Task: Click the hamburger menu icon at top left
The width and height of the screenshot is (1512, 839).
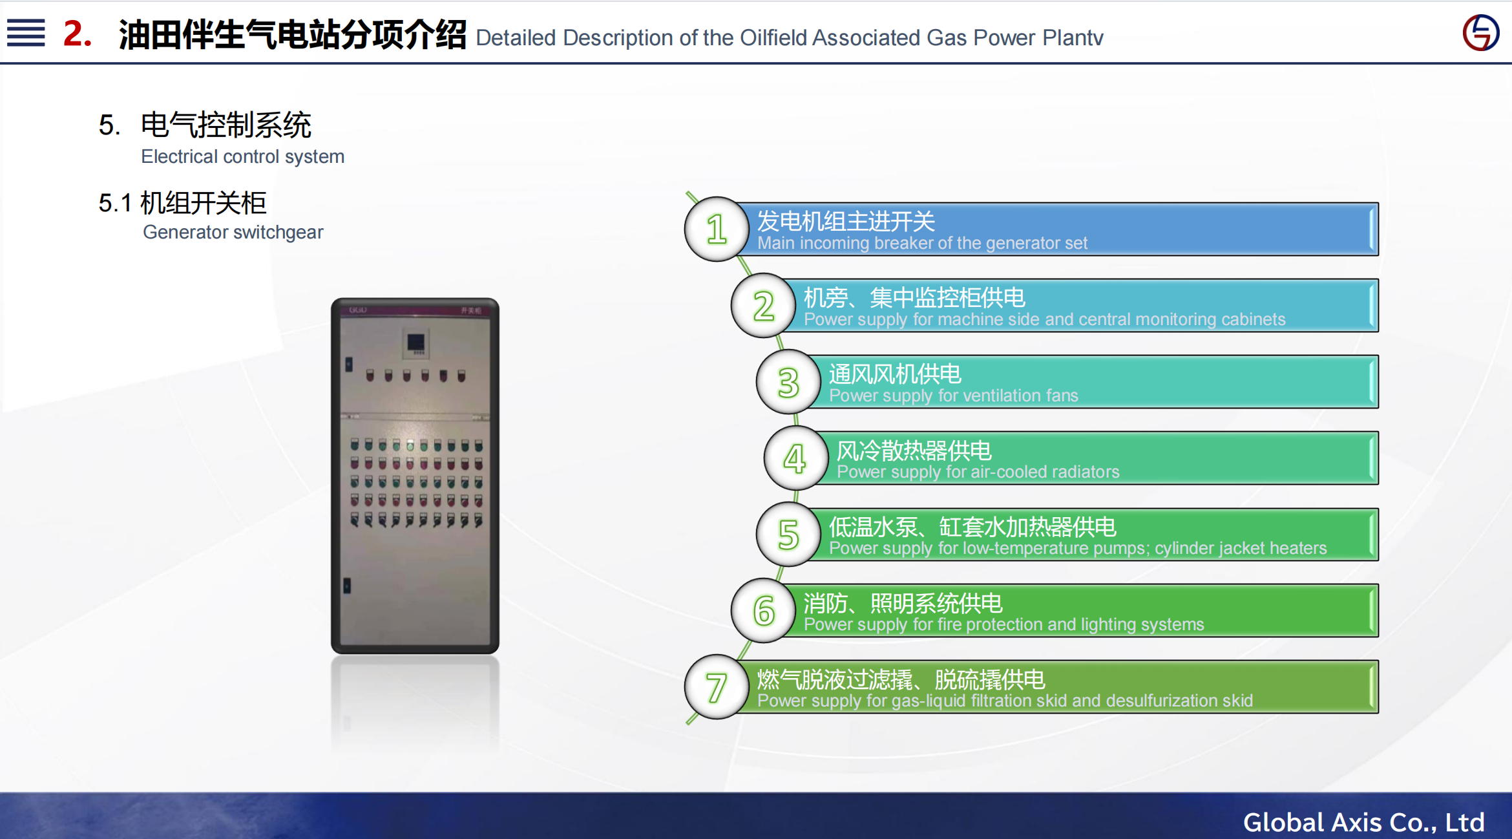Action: click(x=26, y=32)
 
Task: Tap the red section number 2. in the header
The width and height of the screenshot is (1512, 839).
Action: click(x=78, y=34)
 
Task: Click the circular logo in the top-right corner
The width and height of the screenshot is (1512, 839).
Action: click(x=1480, y=32)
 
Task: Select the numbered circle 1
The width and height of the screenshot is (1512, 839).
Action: click(x=717, y=229)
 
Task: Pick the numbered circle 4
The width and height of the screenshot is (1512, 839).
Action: click(x=795, y=458)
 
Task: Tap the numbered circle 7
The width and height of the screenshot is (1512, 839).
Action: click(x=717, y=687)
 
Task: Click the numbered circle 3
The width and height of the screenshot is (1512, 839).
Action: click(x=788, y=382)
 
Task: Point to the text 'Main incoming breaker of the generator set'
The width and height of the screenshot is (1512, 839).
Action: click(x=922, y=243)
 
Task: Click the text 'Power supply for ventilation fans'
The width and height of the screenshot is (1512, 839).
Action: click(x=953, y=396)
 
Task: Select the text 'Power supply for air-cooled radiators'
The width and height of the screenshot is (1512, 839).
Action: click(x=978, y=472)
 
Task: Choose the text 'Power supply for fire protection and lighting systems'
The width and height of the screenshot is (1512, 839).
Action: click(x=1003, y=624)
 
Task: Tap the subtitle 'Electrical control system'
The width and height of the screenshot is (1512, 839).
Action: click(x=242, y=156)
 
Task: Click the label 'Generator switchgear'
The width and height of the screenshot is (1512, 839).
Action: click(x=233, y=232)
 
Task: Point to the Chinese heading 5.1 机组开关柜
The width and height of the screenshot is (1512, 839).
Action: click(x=182, y=203)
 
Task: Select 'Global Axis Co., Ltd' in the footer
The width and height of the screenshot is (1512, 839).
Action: click(x=1363, y=822)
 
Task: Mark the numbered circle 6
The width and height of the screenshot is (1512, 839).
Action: click(x=764, y=611)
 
